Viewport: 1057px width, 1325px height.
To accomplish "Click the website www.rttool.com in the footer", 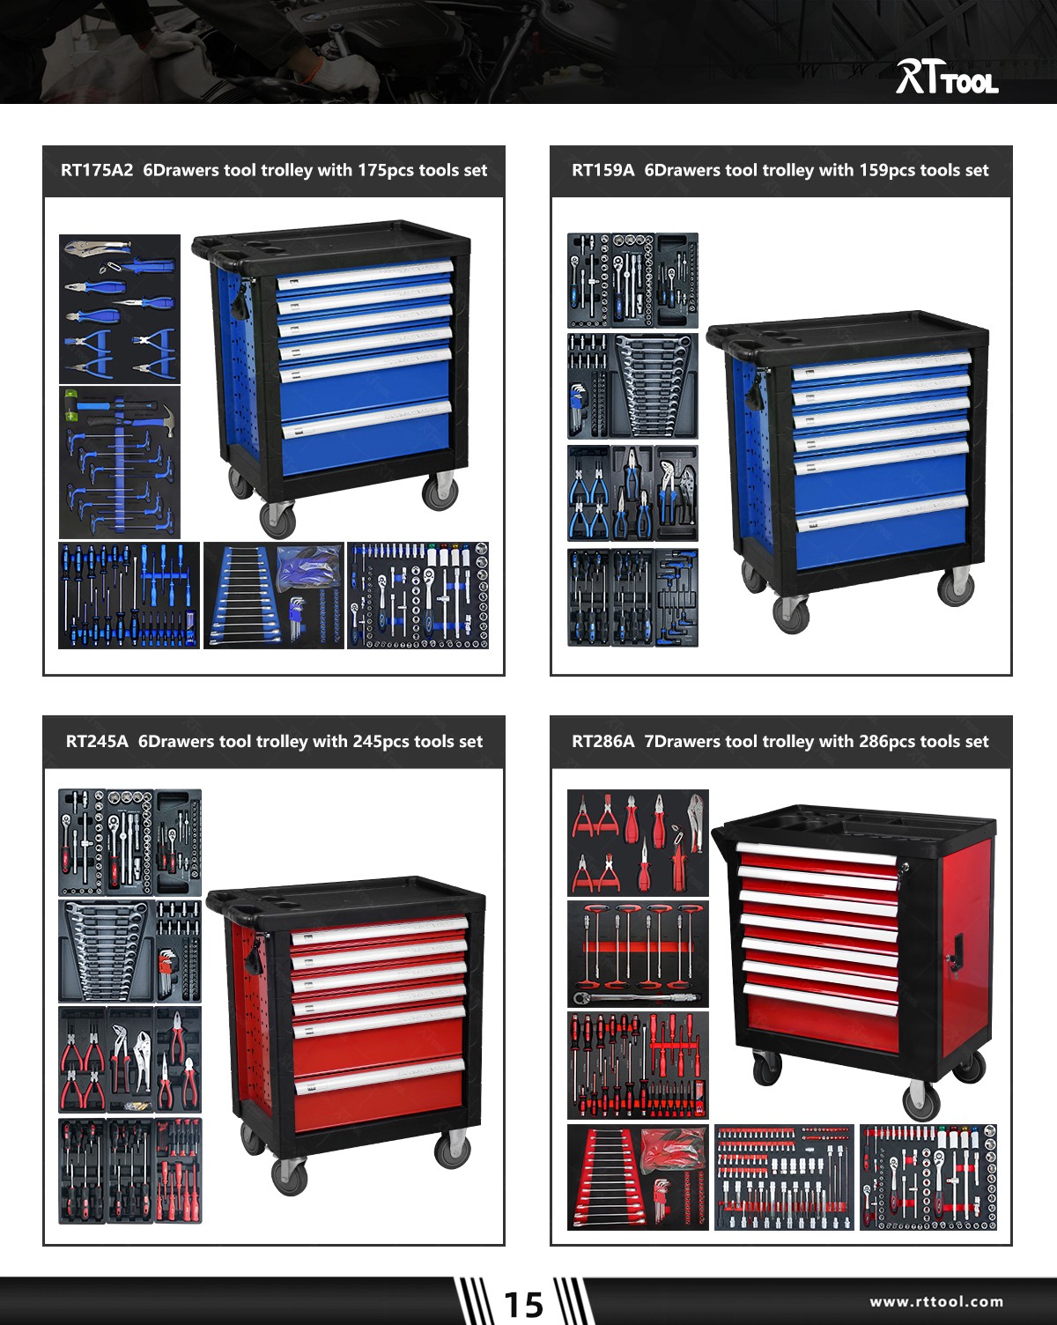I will pos(936,1301).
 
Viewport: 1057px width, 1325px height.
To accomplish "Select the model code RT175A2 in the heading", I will pos(97,171).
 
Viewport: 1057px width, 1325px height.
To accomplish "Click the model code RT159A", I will pos(602,171).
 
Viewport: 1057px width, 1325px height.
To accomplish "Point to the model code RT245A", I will pos(97,742).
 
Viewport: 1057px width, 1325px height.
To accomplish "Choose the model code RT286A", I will pos(602,742).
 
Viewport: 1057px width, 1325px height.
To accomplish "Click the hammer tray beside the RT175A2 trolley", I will pos(120,462).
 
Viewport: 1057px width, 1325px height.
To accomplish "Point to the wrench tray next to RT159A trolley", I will pos(632,386).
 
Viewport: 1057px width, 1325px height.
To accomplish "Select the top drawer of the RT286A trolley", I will pos(817,855).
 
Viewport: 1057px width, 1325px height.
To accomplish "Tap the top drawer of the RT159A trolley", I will pos(881,366).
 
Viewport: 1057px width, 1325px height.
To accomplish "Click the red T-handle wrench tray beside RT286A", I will pos(638,953).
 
